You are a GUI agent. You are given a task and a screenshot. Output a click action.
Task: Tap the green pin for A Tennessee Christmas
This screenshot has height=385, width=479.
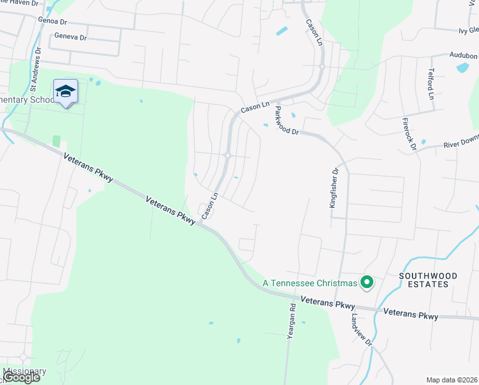(x=367, y=282)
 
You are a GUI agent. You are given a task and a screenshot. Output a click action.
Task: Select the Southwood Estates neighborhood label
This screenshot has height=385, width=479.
(x=428, y=280)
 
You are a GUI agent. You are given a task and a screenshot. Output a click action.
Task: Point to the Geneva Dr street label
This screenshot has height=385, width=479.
(x=70, y=37)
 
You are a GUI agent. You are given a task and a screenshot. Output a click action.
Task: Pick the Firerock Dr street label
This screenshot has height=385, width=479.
(x=409, y=133)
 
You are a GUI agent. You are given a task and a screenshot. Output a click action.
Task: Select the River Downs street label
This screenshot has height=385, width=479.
(x=461, y=141)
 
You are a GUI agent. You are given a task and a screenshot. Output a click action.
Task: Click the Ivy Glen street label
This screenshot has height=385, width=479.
(x=468, y=30)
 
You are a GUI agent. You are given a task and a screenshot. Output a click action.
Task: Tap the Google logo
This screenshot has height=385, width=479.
(x=21, y=377)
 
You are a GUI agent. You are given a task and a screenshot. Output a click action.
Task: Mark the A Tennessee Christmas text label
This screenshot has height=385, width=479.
(x=309, y=283)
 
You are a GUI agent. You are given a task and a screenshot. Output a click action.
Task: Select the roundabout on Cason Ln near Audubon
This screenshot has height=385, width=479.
(x=322, y=67)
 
